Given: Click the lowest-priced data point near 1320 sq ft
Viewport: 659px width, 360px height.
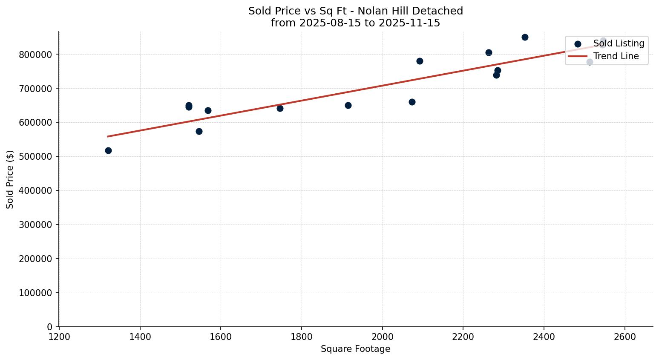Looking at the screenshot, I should pos(108,150).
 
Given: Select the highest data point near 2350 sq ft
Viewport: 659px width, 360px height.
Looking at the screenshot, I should pos(525,37).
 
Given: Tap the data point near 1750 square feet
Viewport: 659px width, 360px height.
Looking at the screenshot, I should pos(280,108).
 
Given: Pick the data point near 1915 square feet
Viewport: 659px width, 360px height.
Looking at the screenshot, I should pos(348,105).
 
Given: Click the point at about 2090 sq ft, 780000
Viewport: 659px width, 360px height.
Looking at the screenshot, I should pos(420,61).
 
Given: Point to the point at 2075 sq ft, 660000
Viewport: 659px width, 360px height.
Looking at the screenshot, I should pos(412,102).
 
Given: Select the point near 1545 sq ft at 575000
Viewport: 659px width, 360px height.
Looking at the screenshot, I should pos(199,131).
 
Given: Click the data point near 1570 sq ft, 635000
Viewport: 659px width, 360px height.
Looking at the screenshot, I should pos(208,110).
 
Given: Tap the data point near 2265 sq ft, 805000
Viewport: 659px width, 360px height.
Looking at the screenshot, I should pos(489,52).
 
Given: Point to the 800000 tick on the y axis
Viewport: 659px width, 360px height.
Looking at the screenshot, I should pos(35,55).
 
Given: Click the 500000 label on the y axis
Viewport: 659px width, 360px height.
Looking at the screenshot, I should pos(35,156).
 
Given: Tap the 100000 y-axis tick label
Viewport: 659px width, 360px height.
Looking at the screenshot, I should pos(35,293).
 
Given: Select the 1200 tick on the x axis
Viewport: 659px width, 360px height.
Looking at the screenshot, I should pos(59,337).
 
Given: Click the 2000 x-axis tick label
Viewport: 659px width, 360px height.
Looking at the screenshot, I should pos(382,337).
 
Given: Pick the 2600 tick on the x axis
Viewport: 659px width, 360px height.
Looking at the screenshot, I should pos(624,337).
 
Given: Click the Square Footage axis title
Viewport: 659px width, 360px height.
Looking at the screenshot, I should pos(355,349).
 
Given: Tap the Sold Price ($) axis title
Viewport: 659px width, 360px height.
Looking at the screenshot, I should pos(10,179).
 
